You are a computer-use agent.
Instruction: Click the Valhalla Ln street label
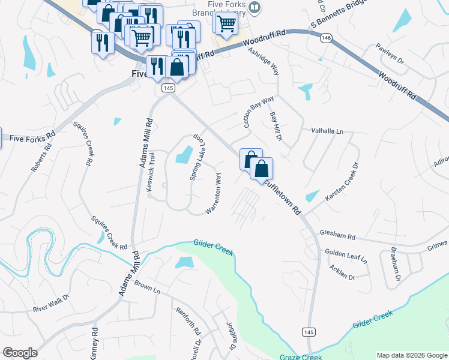coord(327,131)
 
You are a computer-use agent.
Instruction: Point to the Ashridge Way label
coord(264,61)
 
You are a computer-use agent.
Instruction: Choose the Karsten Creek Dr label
coord(342,181)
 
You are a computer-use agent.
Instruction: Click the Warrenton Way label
coord(214,193)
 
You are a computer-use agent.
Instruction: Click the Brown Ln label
coord(148,287)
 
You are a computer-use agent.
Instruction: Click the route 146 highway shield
coord(326,38)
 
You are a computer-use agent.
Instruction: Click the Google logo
coord(20,353)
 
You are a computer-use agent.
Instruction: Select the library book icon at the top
coord(255,7)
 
